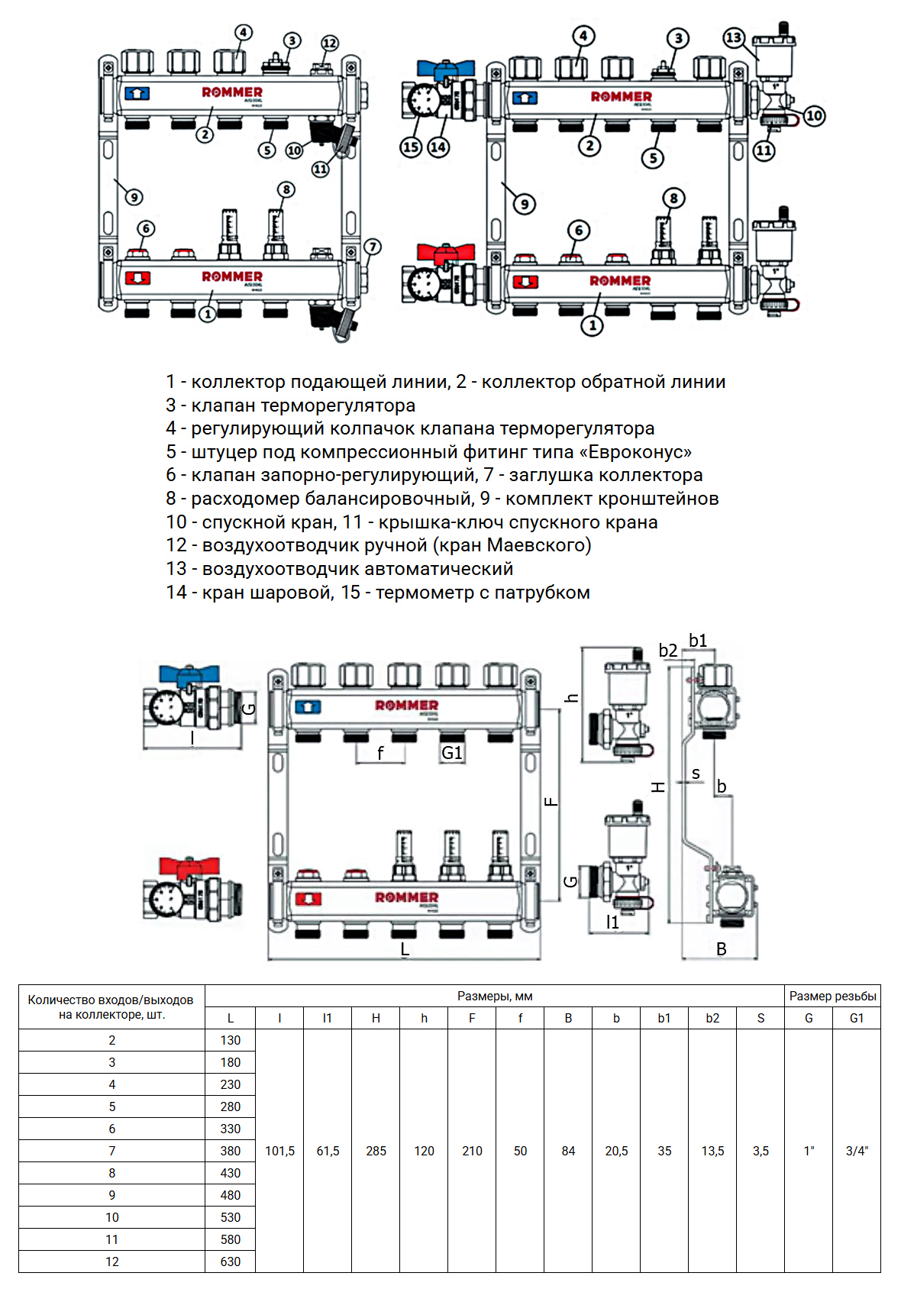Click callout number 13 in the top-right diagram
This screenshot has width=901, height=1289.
pos(734,37)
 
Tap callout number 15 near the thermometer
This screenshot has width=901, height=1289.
pos(411,147)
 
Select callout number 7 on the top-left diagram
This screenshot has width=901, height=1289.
pos(372,247)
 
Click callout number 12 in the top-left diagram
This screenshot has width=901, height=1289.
pos(329,43)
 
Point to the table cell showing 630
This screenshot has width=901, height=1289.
pos(230,1262)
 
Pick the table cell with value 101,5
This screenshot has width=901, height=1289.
pos(279,1151)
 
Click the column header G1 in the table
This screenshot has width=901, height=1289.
pos(857,1018)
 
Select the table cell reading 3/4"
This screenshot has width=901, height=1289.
pos(857,1151)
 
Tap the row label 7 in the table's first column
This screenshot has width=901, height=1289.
pos(112,1151)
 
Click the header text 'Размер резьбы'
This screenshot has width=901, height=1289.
pos(832,996)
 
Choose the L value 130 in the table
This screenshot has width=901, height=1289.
pos(230,1040)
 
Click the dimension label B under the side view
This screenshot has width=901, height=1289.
pos(721,949)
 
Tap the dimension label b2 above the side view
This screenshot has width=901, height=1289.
pos(667,650)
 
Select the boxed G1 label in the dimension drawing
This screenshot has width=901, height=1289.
pos(452,753)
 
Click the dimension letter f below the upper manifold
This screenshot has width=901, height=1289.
pos(380,754)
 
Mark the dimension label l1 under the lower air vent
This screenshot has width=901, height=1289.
pos(612,922)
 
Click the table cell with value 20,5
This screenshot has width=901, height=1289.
pos(616,1151)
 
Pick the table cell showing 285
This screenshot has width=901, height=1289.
pos(376,1151)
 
